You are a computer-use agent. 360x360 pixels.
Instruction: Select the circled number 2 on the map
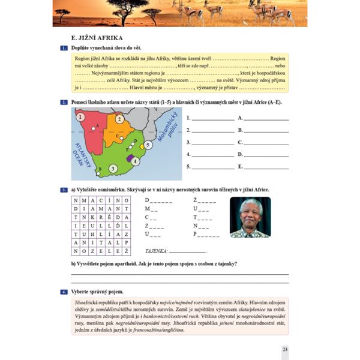(119, 119)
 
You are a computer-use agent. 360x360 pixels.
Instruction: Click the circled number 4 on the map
(136, 161)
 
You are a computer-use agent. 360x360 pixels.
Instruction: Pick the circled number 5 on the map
(149, 145)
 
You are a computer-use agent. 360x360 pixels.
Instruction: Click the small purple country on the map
(129, 157)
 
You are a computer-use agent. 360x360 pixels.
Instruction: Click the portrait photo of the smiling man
(250, 217)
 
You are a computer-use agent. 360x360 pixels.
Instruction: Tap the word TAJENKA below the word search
(157, 251)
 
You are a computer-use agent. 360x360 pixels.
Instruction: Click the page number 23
(285, 349)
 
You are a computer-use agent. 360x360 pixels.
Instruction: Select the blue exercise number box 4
(64, 292)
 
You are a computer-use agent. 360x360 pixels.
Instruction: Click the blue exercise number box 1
(64, 47)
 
